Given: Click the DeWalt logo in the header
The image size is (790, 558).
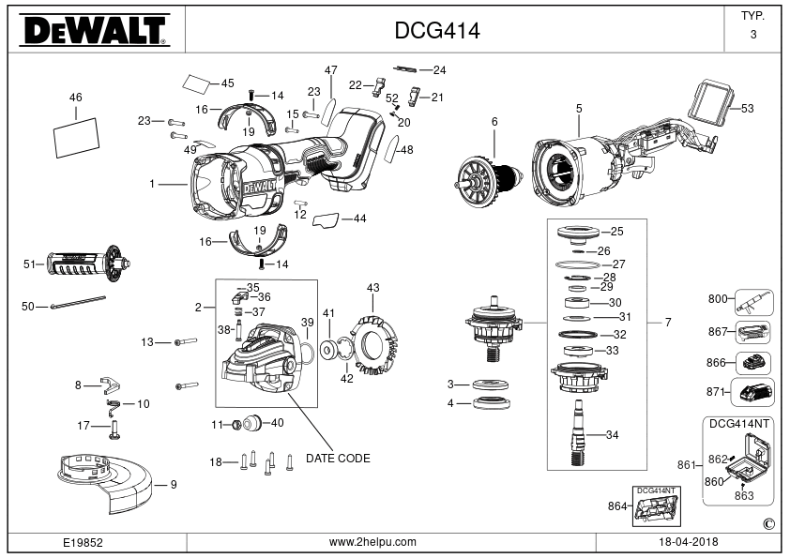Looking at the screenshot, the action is click(95, 30).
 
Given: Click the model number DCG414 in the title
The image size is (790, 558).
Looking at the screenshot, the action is click(437, 31).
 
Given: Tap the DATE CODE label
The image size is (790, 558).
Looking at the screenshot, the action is click(338, 459).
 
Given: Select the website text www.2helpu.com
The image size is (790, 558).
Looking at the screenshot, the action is click(372, 542).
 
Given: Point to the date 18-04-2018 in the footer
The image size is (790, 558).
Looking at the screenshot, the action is click(689, 542).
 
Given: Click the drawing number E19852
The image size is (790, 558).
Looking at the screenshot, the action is click(83, 542).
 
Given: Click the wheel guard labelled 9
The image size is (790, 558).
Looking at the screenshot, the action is click(104, 484).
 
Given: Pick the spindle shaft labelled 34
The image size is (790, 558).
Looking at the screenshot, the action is click(578, 432).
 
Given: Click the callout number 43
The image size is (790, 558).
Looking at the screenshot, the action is click(372, 288).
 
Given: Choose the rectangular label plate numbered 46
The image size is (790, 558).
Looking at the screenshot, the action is click(76, 138).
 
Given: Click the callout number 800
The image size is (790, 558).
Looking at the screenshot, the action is click(718, 299).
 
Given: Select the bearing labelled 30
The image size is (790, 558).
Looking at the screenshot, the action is click(577, 303).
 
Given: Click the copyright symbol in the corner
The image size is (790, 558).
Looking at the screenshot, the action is click(769, 524).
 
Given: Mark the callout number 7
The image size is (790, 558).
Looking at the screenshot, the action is click(668, 323).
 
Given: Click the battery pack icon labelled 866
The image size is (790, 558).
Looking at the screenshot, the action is click(753, 363).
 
